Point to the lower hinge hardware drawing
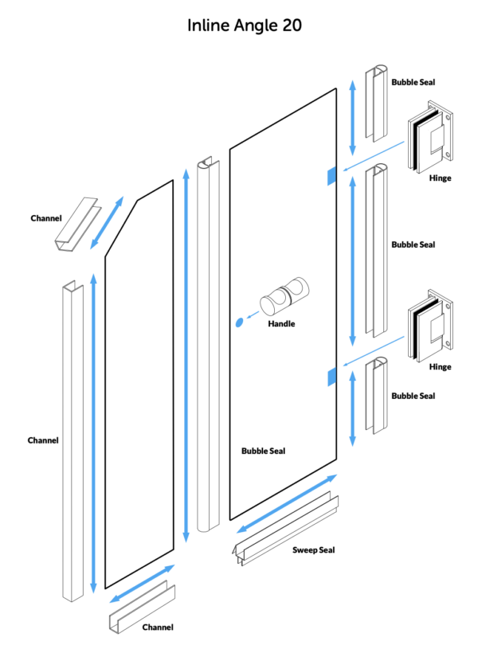click(430, 326)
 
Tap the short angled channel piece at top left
click(76, 224)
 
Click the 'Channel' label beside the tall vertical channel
click(43, 440)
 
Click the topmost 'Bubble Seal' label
click(413, 82)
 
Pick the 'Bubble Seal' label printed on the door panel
click(263, 451)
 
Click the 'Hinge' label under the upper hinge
click(440, 178)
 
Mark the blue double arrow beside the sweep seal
click(287, 503)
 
